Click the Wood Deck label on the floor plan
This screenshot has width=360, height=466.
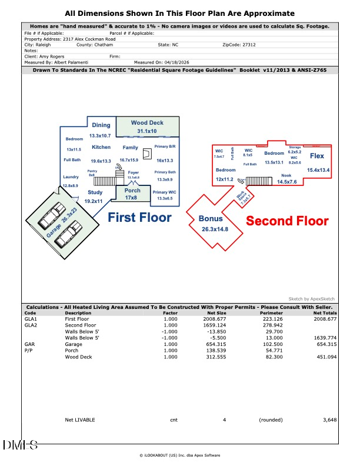[x=147, y=122]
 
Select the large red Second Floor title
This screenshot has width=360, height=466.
[x=286, y=221]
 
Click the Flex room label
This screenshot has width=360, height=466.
[x=317, y=156]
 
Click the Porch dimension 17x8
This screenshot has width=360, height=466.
[x=132, y=198]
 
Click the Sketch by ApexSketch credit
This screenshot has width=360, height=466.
[x=314, y=299]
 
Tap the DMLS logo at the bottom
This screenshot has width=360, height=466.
[x=21, y=445]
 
